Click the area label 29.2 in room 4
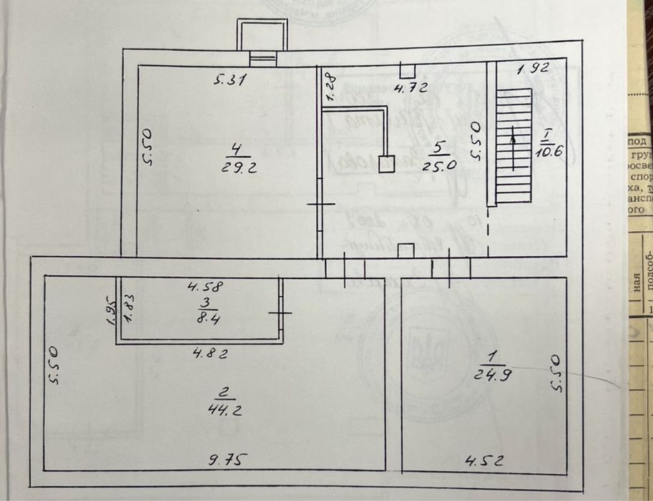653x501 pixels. click(236, 167)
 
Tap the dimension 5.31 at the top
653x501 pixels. click(230, 81)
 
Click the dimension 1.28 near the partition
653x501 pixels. click(330, 86)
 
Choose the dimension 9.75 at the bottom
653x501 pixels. click(230, 460)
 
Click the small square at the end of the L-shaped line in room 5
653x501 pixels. click(387, 164)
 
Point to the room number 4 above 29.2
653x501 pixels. click(237, 149)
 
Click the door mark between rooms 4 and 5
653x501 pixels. click(319, 205)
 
